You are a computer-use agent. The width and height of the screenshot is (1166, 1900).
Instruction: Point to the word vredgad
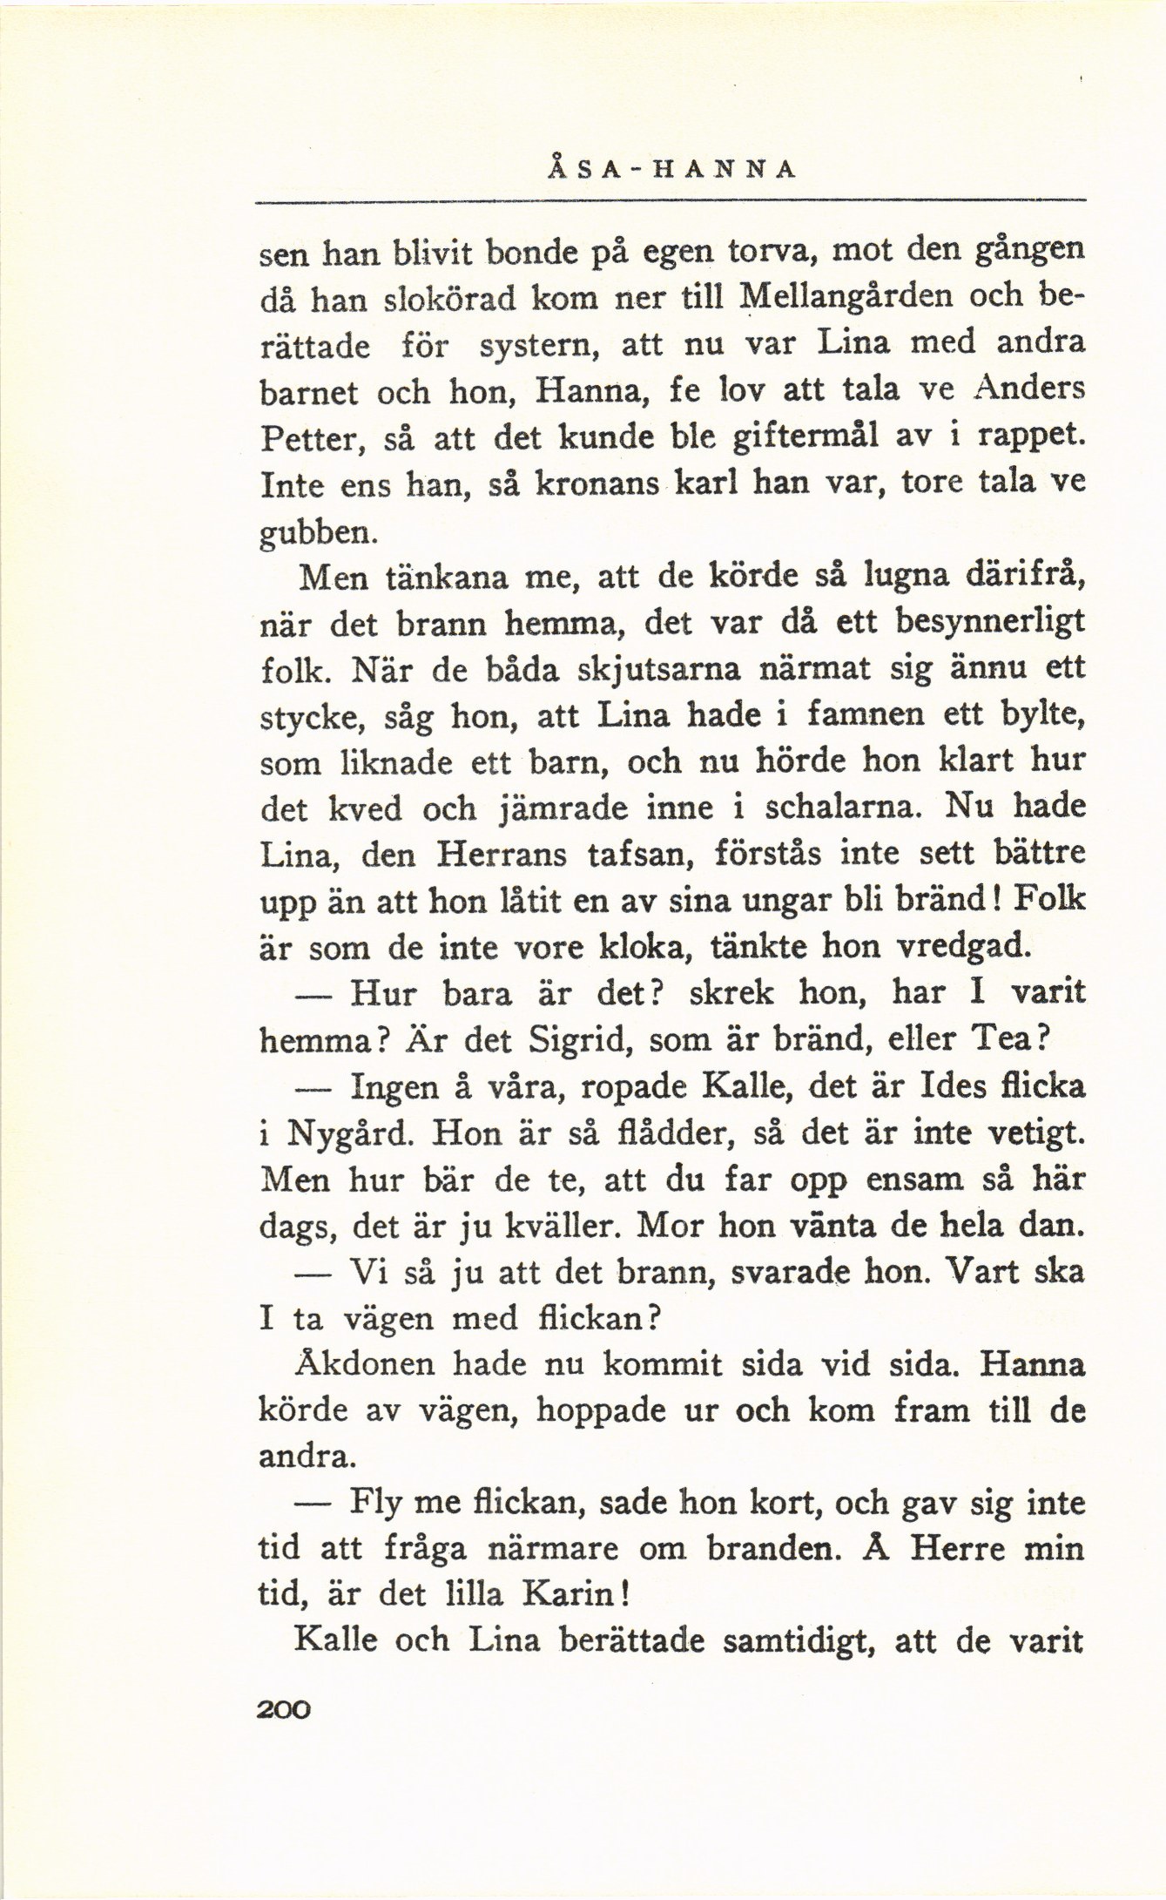pyautogui.click(x=967, y=946)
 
